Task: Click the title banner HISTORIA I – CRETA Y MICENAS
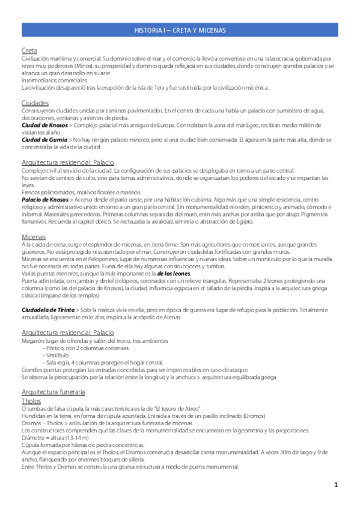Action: (180, 31)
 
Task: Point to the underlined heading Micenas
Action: (34, 237)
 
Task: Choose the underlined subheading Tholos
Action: (31, 401)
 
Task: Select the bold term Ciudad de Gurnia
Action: (43, 140)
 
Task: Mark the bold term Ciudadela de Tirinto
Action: (48, 309)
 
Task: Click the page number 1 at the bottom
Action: (337, 485)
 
